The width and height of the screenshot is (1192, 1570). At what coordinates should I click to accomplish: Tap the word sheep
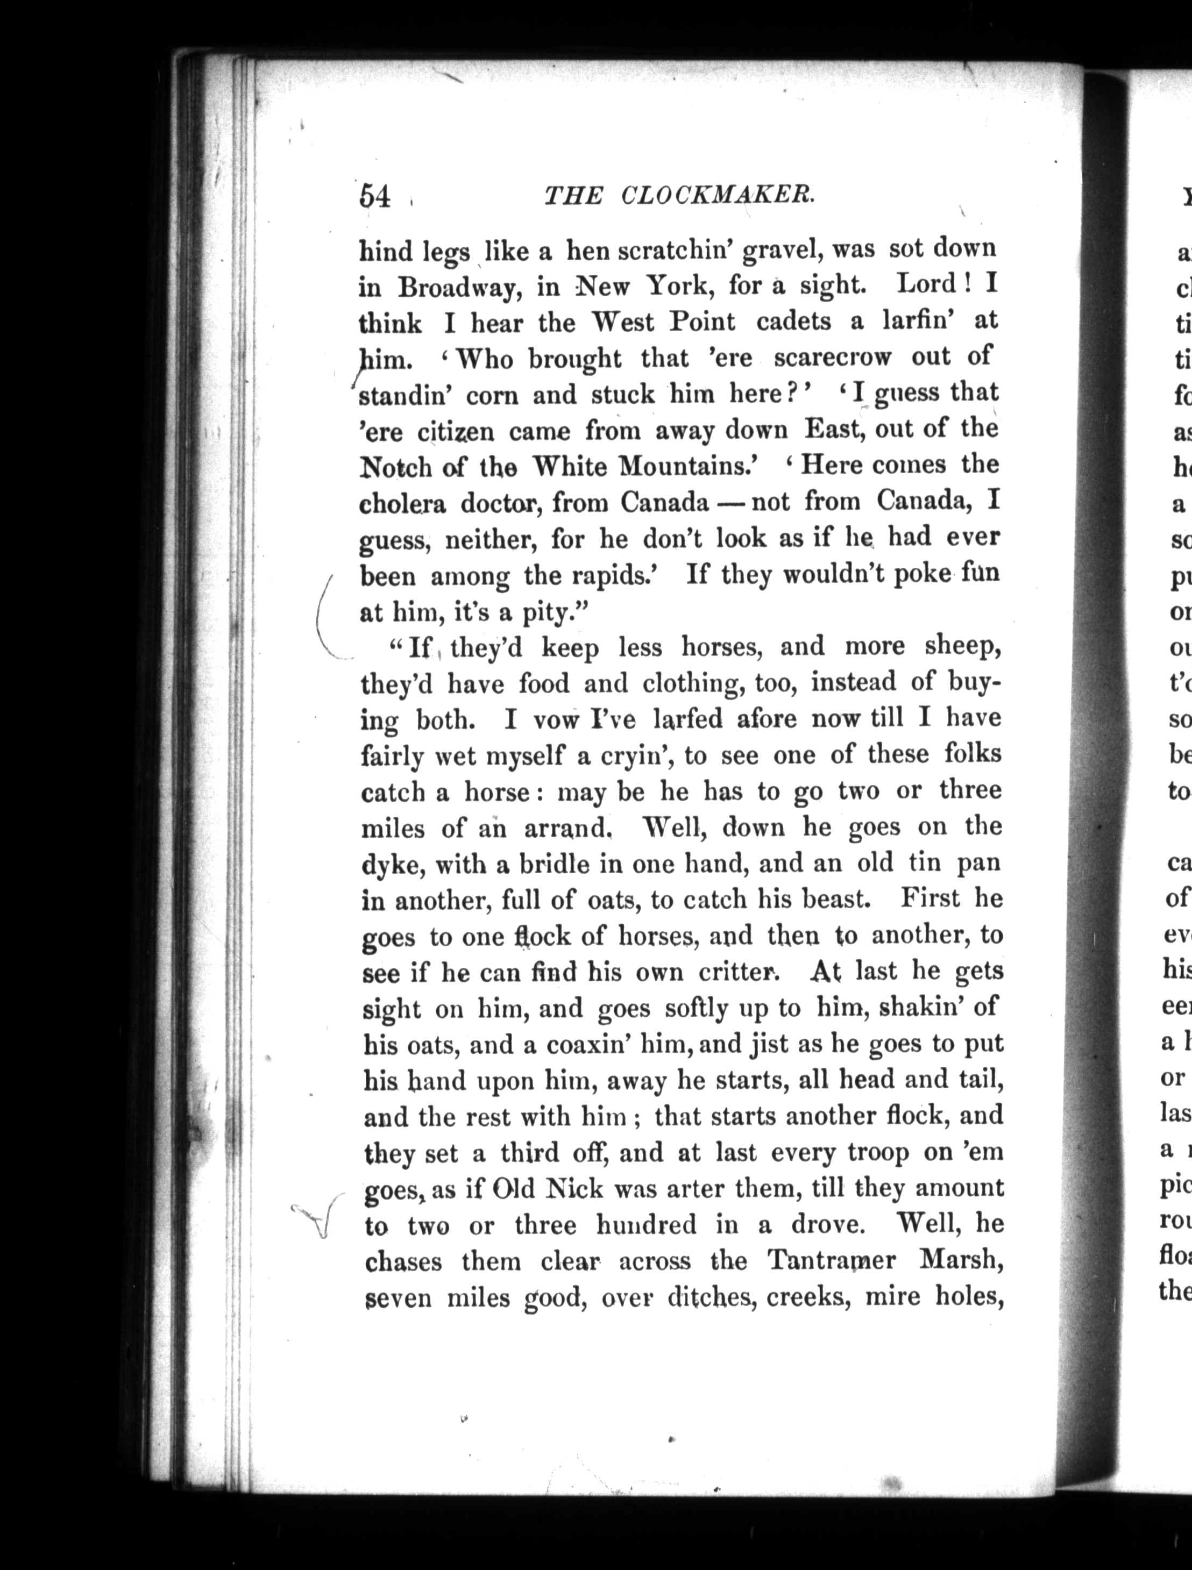click(x=963, y=647)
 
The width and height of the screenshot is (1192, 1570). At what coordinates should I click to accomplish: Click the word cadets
click(x=793, y=322)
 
